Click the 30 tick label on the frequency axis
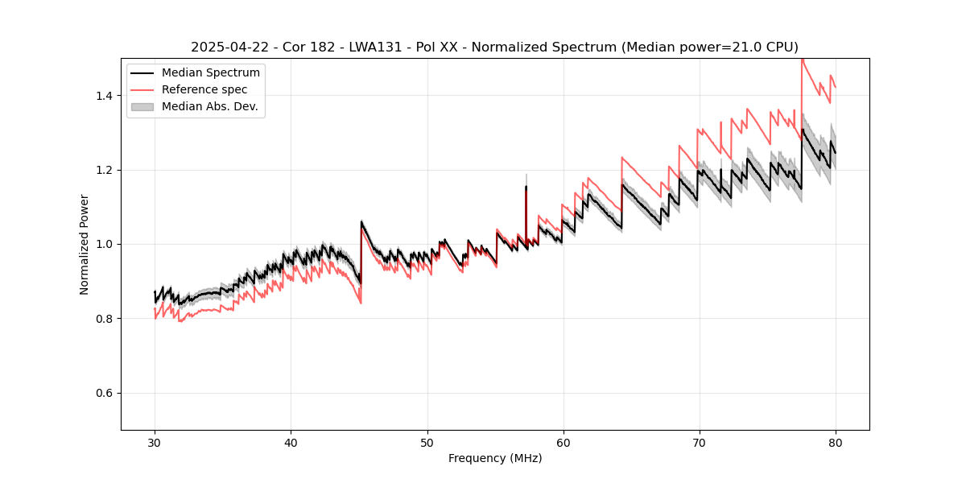155,442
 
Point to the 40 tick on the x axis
291,442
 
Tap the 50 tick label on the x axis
427,442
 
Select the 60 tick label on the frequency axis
563,442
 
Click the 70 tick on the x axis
700,442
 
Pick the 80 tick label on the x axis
836,442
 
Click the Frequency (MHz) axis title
495,458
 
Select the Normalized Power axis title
85,244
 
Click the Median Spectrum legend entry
210,73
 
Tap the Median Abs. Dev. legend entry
209,106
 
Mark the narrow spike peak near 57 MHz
526,187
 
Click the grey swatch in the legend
142,106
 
